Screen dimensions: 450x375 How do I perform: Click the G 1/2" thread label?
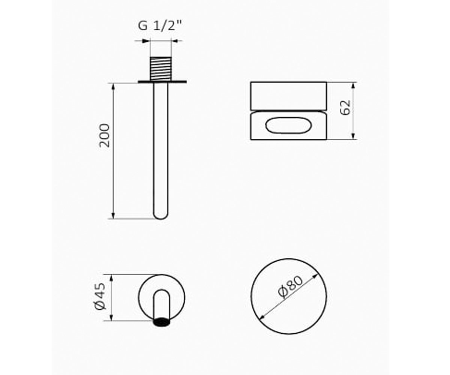click(160, 25)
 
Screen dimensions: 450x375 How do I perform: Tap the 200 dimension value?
click(105, 135)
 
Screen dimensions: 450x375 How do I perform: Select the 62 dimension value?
click(345, 108)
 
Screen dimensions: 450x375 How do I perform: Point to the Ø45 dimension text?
click(100, 296)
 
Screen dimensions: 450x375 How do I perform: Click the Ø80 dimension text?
click(291, 287)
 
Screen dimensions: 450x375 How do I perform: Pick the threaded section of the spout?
click(161, 69)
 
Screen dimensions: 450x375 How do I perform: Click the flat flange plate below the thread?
click(162, 82)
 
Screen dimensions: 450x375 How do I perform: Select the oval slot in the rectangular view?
click(288, 125)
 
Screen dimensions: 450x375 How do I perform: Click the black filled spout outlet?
click(161, 322)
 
